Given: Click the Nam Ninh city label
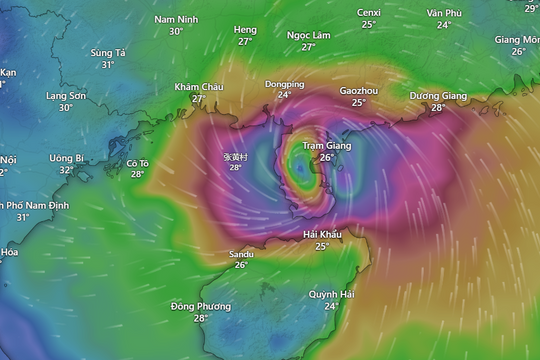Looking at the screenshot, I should (176, 19).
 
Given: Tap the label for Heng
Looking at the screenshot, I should (244, 30).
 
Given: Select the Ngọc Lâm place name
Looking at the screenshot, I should (308, 35).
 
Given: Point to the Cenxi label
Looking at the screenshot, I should (369, 12).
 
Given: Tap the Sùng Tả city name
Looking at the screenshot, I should (108, 52).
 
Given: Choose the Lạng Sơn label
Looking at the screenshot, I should (66, 96).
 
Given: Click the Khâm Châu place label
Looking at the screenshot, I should (198, 87).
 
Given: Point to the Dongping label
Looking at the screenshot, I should (284, 85).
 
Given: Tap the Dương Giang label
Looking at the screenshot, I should (438, 96).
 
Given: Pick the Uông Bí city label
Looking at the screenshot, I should (66, 158).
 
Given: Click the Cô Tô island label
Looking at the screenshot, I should (138, 162).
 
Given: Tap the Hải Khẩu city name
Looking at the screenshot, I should (322, 234).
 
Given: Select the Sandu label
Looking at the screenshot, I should (241, 254).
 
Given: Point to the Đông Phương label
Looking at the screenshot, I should (201, 306).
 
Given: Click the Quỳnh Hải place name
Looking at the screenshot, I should (331, 295).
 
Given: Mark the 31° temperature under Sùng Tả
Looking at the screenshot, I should (108, 65).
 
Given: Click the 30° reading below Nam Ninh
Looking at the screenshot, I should (176, 32).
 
